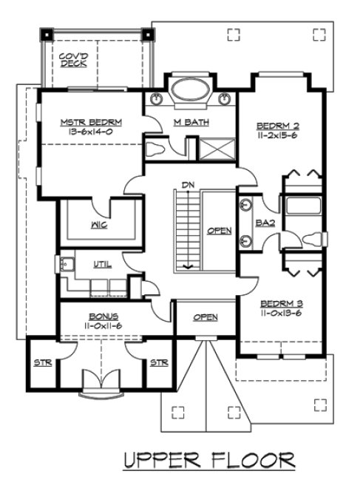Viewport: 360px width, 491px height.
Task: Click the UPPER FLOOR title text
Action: tap(209, 460)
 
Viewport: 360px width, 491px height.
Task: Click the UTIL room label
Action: tap(102, 264)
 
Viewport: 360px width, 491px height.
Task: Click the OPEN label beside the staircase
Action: tap(220, 231)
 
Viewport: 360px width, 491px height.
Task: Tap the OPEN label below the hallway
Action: tap(206, 317)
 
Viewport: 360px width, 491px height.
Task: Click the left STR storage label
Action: tap(42, 363)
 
